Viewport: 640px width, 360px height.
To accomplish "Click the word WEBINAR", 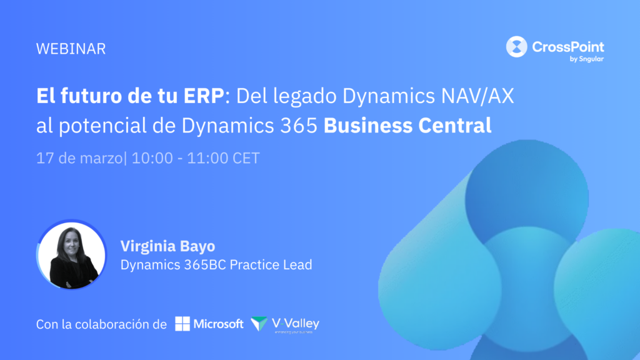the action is point(71,49).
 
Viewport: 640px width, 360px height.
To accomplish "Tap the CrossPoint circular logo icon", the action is point(517,46).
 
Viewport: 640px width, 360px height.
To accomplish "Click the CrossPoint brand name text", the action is point(568,47).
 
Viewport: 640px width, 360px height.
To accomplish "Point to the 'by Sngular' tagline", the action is point(586,59).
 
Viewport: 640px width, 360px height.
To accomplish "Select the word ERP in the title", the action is point(204,96).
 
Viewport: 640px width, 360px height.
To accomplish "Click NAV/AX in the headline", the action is point(477,96).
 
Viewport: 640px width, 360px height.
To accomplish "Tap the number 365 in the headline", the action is point(299,126).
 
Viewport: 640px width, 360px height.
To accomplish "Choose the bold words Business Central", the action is point(407,125).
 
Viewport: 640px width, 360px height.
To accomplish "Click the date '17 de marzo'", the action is point(79,158).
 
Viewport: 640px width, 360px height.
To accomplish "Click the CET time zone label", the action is point(246,158).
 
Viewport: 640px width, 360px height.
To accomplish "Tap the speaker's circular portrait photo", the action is point(71,255).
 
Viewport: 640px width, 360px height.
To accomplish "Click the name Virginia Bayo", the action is point(167,246).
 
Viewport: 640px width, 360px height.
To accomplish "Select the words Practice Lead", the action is point(271,264).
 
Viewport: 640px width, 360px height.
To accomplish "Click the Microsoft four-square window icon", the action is point(182,324).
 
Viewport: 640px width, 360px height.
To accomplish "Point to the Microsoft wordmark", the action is point(218,324).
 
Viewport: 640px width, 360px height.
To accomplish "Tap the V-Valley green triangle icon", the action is point(259,323).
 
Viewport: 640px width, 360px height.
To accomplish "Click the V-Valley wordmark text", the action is point(296,324).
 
